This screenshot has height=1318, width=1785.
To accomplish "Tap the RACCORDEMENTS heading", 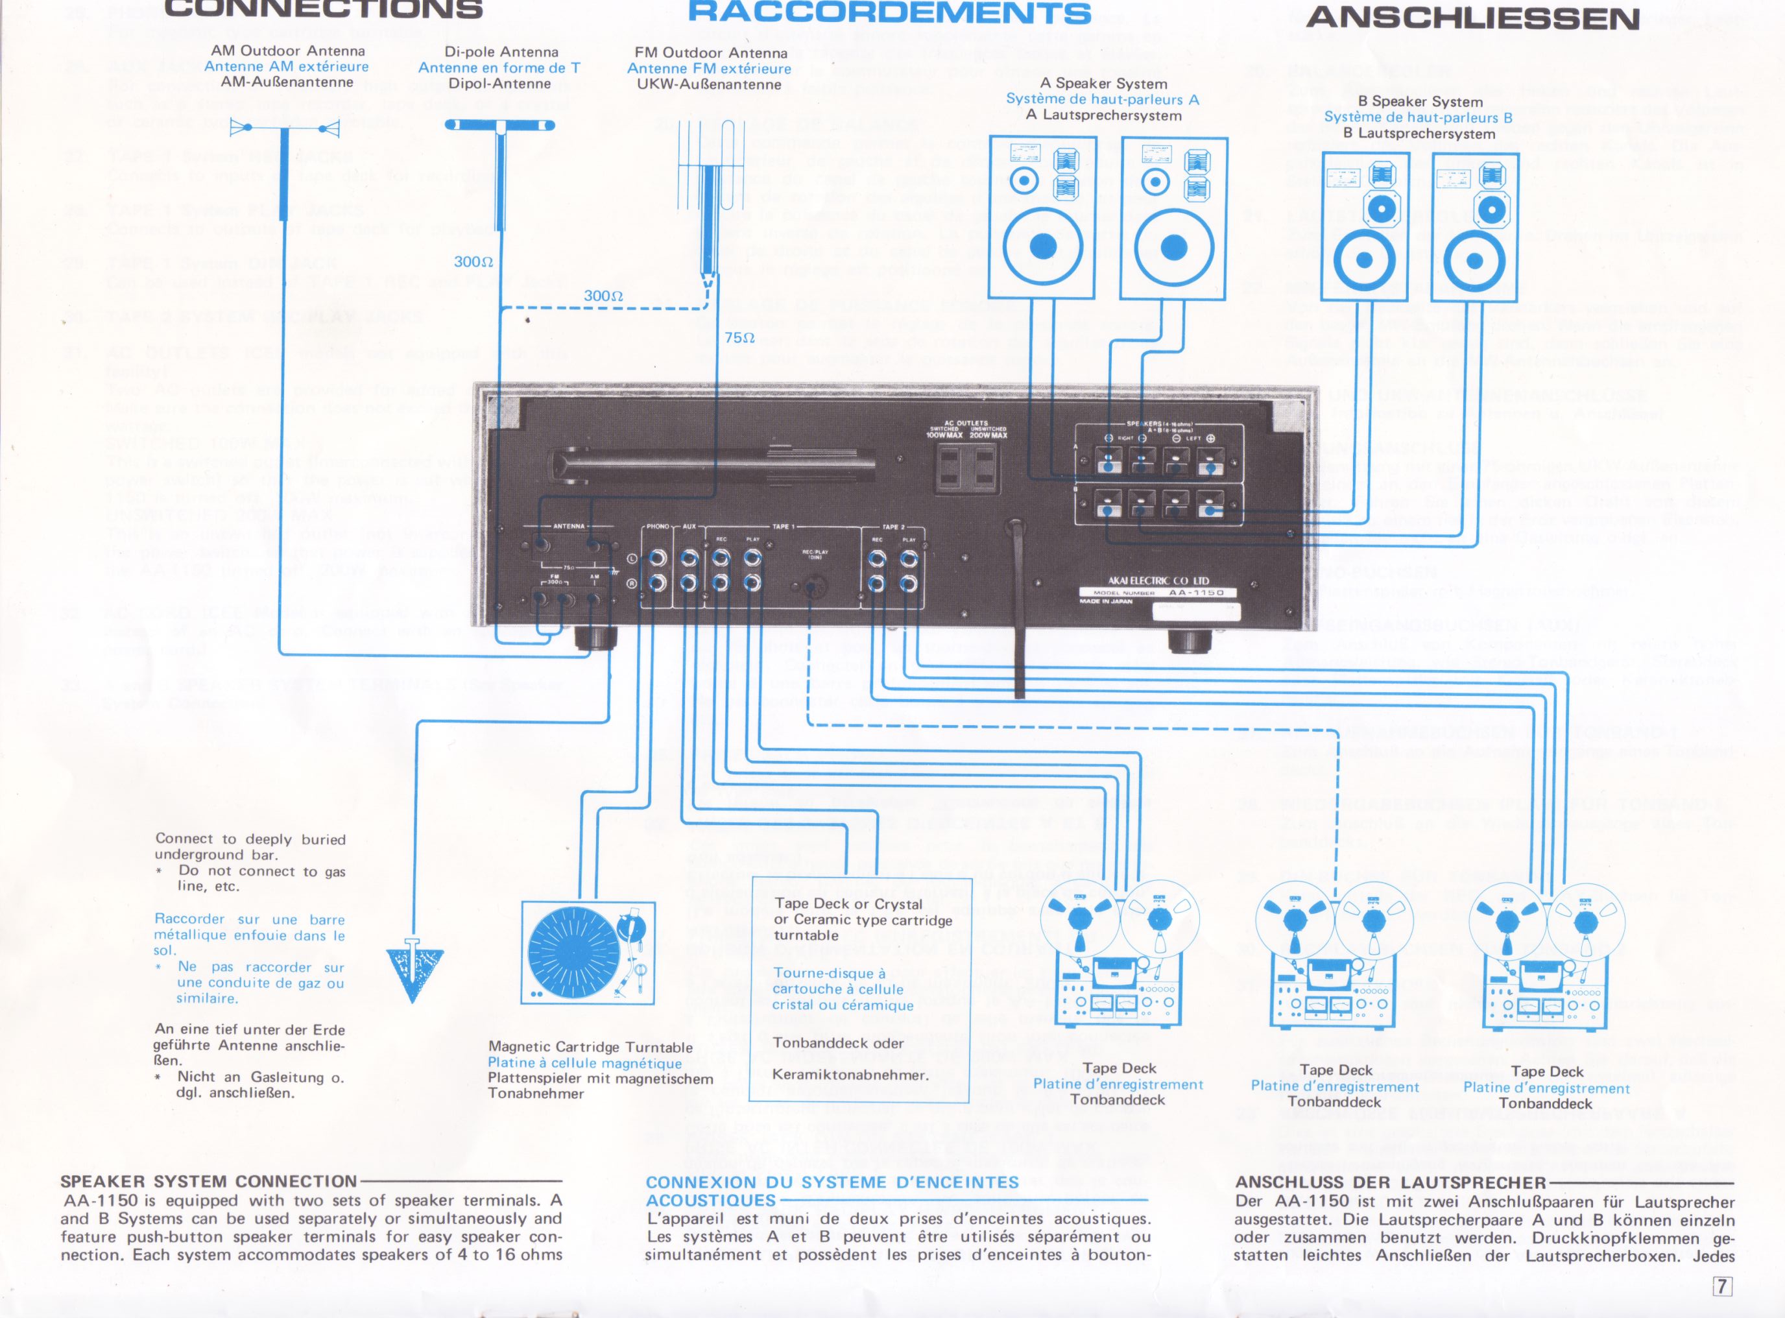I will coord(889,13).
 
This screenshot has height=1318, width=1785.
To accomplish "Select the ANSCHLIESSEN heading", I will coord(1472,18).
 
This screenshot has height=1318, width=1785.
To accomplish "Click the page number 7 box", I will coord(1723,1286).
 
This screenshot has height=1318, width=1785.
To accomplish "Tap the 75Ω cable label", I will coord(739,337).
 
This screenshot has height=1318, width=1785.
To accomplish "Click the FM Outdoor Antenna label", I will coord(711,53).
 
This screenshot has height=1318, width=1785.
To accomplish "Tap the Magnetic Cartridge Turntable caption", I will coord(590,1047).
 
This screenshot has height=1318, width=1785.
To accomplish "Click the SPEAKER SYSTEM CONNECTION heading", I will coord(208,1180).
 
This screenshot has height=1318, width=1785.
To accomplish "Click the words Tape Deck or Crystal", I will coord(848,904).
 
